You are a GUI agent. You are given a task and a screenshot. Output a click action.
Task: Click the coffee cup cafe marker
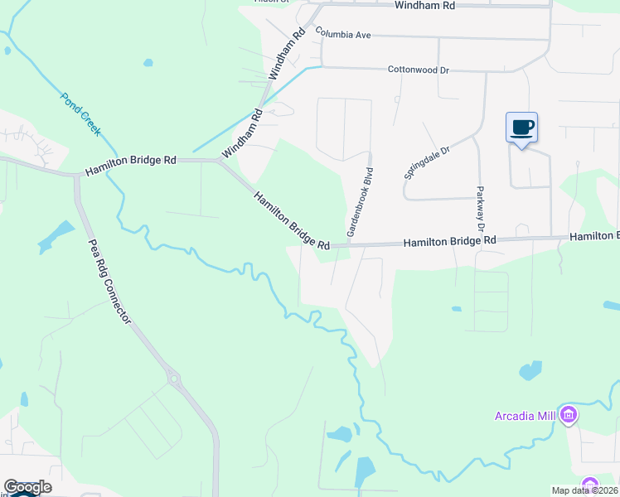(521, 128)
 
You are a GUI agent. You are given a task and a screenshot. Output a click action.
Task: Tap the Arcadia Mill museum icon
(569, 414)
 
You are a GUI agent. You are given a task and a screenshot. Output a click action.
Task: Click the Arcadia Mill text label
(525, 415)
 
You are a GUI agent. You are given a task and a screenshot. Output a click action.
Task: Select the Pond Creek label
(80, 114)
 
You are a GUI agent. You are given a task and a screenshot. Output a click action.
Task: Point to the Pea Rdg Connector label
(109, 281)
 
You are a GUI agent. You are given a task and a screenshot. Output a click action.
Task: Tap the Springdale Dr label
(427, 163)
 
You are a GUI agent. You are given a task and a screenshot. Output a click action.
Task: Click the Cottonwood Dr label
(419, 70)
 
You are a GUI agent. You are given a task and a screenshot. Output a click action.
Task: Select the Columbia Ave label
(342, 34)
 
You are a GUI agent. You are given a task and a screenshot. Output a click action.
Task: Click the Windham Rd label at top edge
(425, 5)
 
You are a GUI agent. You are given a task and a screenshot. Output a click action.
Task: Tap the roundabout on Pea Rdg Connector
(174, 380)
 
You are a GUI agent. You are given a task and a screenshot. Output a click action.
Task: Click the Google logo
(27, 487)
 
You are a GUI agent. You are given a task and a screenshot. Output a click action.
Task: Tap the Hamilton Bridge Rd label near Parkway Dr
(449, 241)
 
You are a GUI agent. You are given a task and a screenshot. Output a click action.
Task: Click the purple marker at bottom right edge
(589, 484)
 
